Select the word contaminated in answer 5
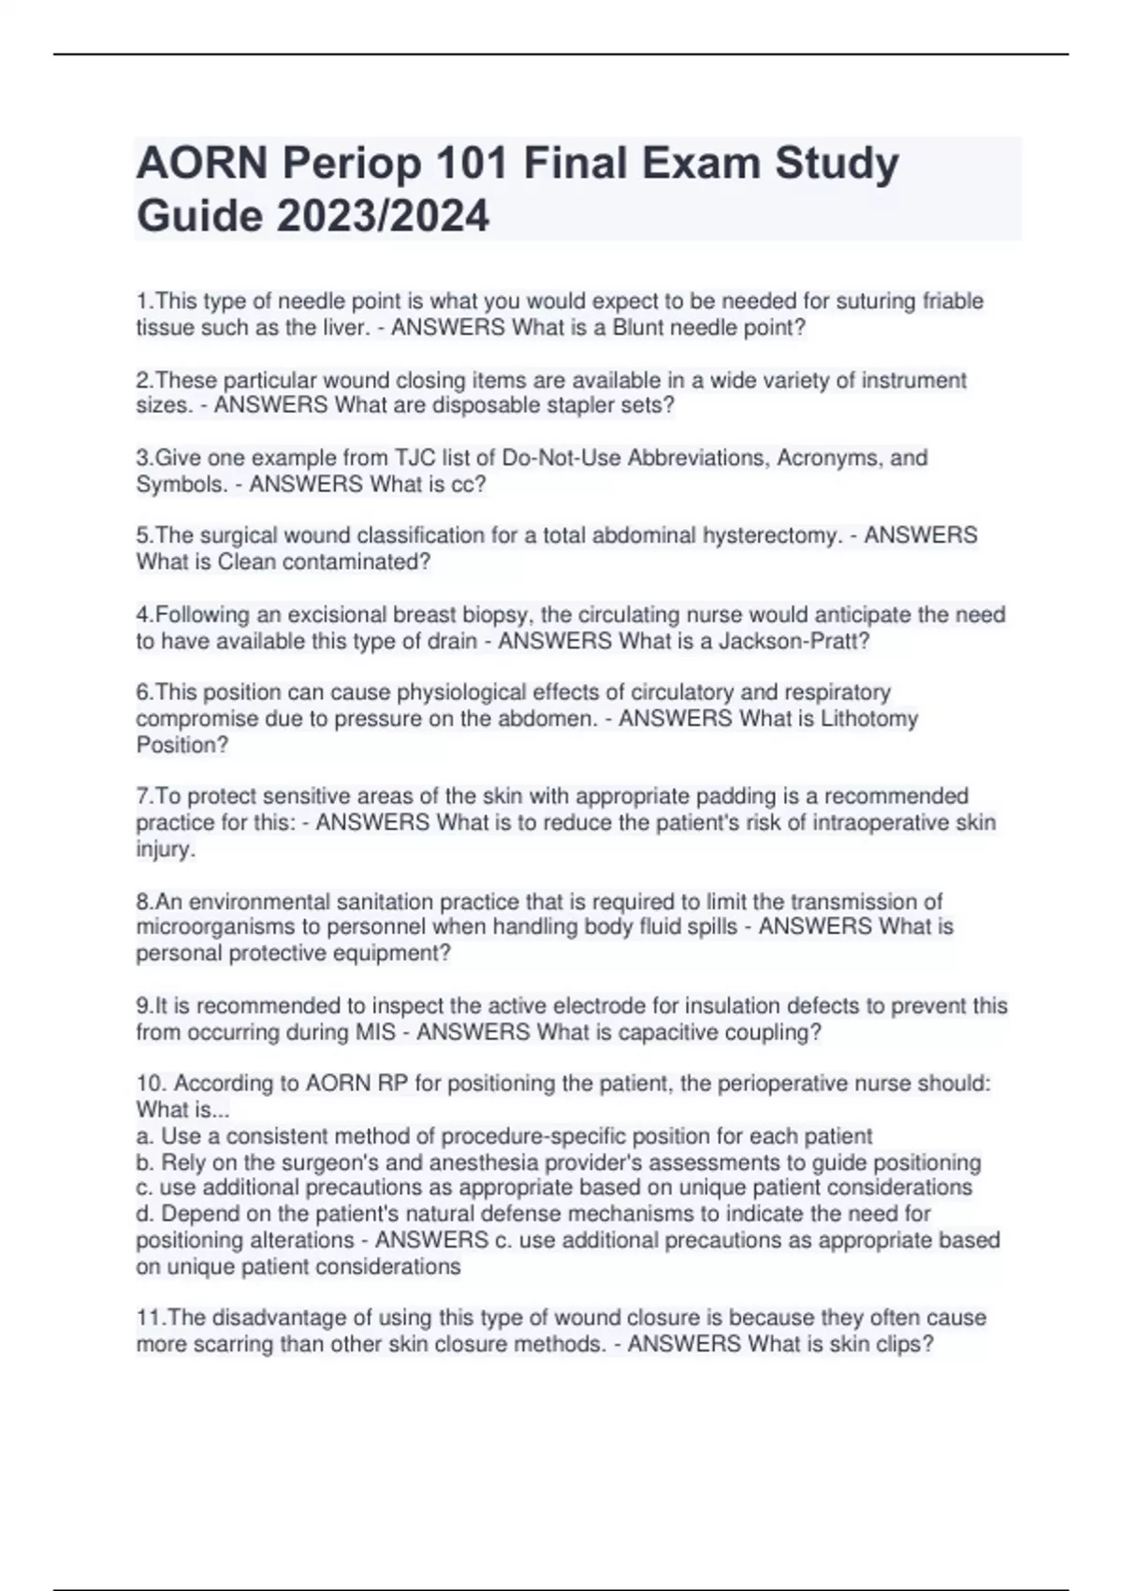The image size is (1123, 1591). pyautogui.click(x=363, y=562)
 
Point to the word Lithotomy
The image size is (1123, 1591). pyautogui.click(x=868, y=719)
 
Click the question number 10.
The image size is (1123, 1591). pyautogui.click(x=151, y=1084)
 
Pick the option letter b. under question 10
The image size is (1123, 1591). pyautogui.click(x=145, y=1163)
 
